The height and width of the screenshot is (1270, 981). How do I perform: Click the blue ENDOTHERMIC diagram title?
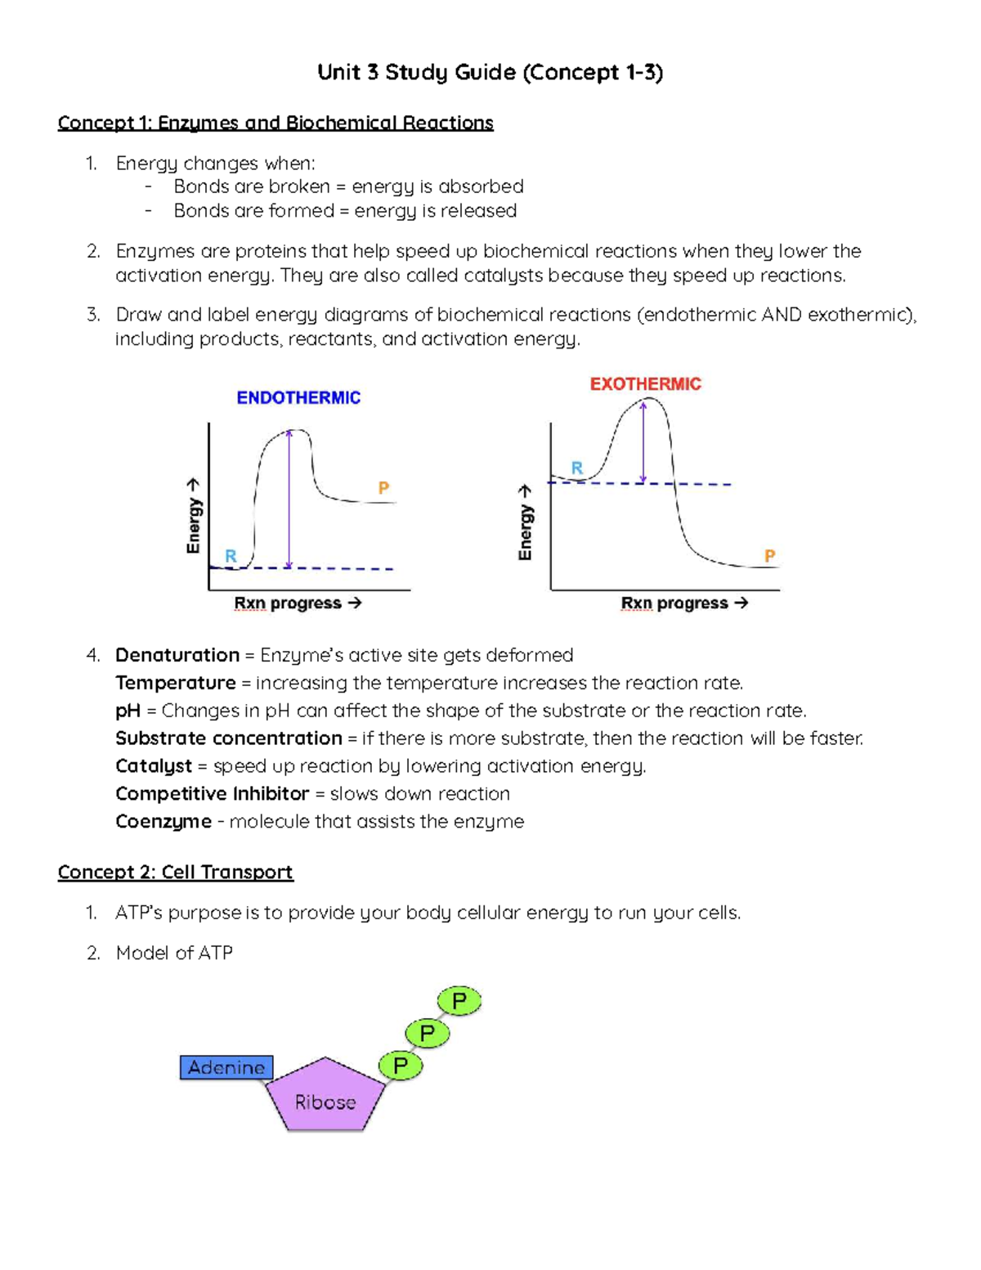tap(298, 397)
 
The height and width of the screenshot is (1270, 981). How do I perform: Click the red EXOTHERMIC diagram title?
tap(645, 384)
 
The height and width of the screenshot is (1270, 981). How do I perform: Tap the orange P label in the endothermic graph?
tap(383, 488)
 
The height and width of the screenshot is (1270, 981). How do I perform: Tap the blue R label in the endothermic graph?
tap(231, 556)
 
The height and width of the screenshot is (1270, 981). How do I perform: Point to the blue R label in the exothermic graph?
tap(577, 468)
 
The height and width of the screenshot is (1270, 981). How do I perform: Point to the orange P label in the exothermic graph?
tap(769, 556)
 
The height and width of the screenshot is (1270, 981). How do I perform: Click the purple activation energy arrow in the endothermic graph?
tap(289, 499)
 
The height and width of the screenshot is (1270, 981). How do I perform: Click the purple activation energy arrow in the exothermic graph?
tap(643, 442)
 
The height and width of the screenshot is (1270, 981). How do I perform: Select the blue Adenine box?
tap(226, 1067)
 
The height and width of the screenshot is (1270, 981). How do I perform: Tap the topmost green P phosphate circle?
tap(459, 1000)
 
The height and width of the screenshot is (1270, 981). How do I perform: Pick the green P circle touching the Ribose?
tap(401, 1066)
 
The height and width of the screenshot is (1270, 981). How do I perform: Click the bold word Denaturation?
tap(177, 655)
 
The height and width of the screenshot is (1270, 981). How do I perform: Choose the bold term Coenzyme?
tap(163, 821)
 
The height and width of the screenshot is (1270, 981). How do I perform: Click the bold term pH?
tap(128, 711)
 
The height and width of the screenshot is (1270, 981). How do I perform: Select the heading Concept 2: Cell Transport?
tap(175, 872)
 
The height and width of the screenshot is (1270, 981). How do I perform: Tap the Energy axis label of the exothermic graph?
tap(526, 523)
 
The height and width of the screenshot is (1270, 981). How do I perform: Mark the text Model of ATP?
tap(174, 953)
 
